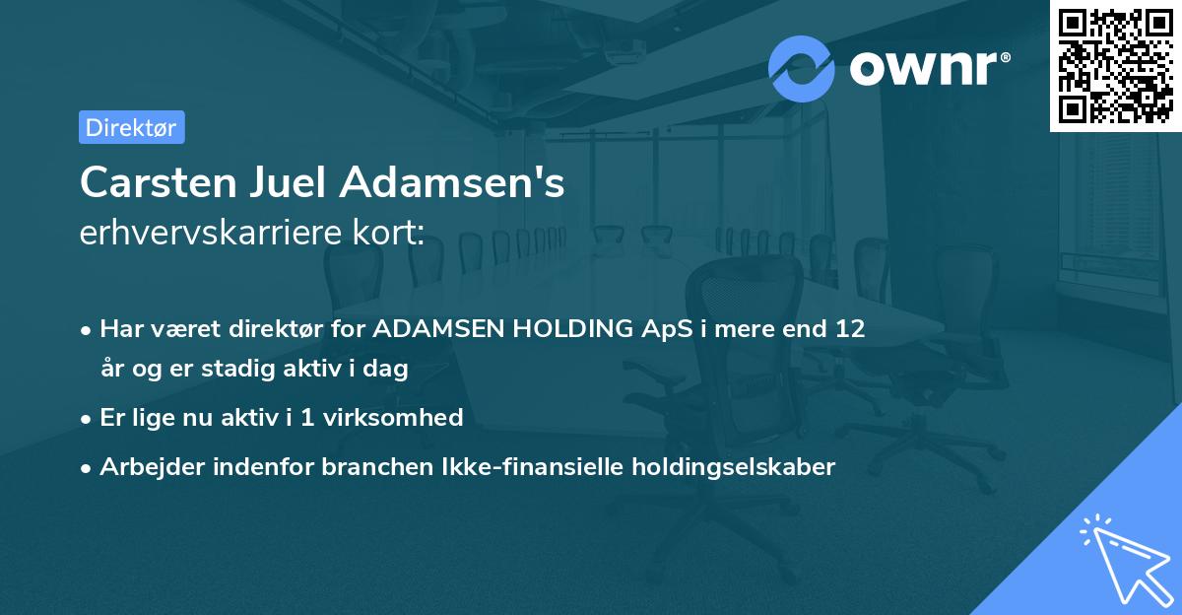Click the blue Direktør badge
pyautogui.click(x=131, y=127)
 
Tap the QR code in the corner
pyautogui.click(x=1114, y=65)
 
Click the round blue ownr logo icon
pyautogui.click(x=802, y=68)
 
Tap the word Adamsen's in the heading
pyautogui.click(x=453, y=183)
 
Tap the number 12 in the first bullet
pyautogui.click(x=849, y=329)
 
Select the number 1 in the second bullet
pyautogui.click(x=307, y=417)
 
